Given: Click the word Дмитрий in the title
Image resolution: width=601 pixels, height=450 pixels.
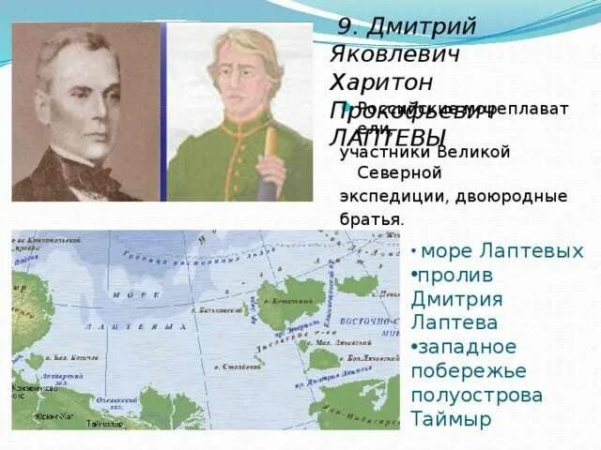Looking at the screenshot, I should [422, 25].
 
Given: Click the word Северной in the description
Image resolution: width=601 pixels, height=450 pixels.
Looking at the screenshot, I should [399, 173].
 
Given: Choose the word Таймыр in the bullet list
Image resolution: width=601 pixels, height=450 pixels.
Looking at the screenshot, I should [450, 418].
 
